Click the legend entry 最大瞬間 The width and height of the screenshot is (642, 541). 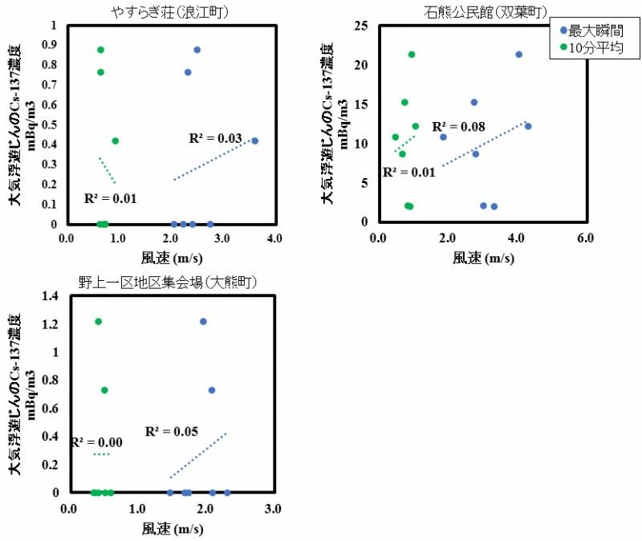point(591,33)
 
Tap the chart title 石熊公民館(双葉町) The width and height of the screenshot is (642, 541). point(482,10)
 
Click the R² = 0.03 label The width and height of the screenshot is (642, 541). point(215,139)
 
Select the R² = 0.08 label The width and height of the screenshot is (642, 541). point(458,127)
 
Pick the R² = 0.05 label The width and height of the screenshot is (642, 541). point(171,432)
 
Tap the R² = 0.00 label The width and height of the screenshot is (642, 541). point(96,442)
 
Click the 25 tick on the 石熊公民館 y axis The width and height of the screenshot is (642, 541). point(362,26)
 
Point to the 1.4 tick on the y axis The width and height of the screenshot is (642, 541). point(51,297)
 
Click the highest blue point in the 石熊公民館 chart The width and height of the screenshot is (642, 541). point(518,55)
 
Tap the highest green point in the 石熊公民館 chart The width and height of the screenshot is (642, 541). point(412,55)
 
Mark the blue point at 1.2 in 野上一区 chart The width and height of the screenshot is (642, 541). point(203,321)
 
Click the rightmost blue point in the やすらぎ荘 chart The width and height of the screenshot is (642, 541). point(255,140)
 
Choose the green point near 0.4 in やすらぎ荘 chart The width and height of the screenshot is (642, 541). point(115,140)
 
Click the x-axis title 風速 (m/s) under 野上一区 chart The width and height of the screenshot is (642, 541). point(172,528)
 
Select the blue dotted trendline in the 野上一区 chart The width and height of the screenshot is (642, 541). point(198,455)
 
